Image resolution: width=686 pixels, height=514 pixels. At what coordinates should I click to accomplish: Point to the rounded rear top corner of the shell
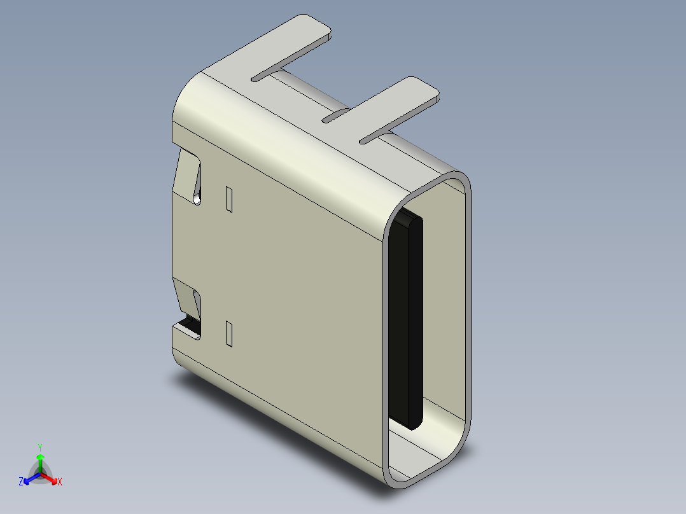(191, 95)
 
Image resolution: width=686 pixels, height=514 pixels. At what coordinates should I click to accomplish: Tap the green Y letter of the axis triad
(39, 447)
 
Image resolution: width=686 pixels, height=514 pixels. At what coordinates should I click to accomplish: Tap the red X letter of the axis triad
(59, 482)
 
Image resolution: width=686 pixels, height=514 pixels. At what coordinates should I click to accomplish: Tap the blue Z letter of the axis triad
(21, 482)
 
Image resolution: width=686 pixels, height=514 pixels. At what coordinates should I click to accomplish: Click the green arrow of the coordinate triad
(39, 461)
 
